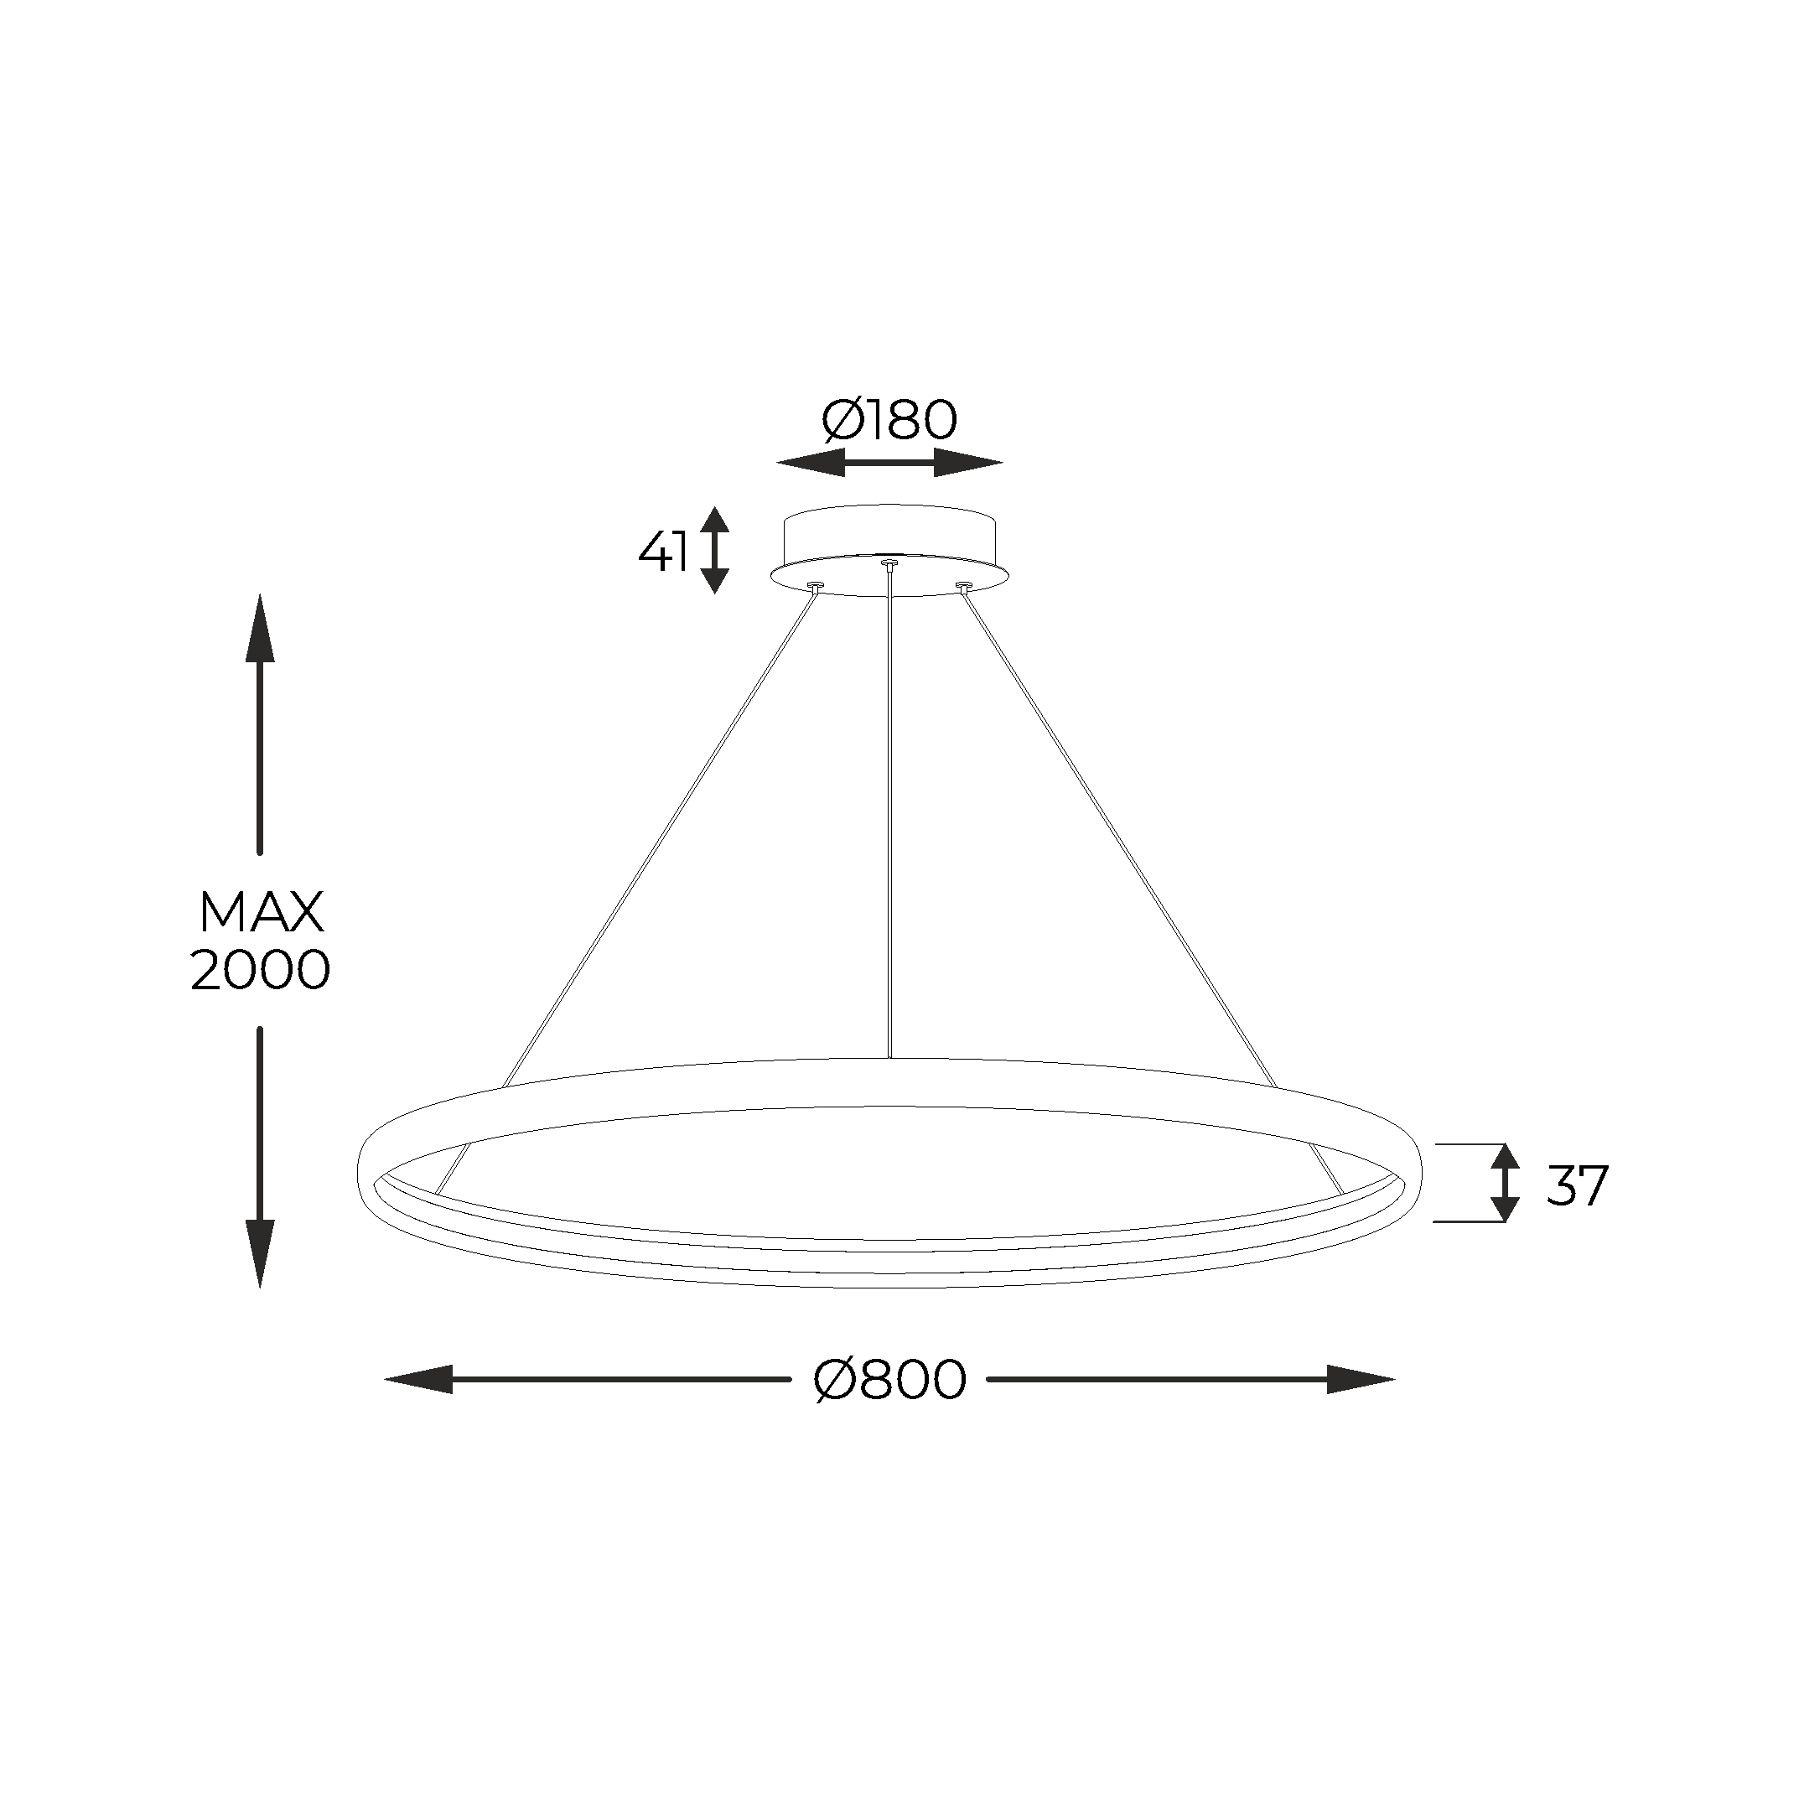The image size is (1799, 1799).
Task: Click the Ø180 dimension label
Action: tap(889, 420)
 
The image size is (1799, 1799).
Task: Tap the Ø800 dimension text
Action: tap(890, 1380)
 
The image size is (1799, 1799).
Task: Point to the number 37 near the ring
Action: tap(1578, 1186)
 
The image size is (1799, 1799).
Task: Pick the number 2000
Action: tap(261, 970)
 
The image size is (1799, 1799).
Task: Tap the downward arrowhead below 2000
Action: tap(260, 1254)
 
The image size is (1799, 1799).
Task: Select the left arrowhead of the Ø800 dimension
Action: tap(419, 1379)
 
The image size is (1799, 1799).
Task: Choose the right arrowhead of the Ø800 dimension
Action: tap(1361, 1379)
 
